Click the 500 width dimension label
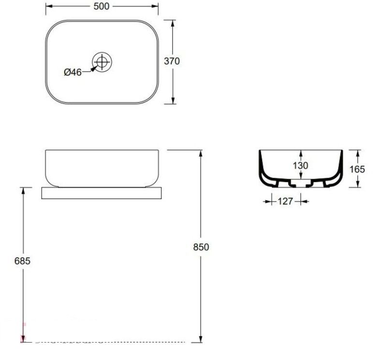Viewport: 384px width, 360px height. pyautogui.click(x=102, y=6)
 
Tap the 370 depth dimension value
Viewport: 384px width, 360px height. pyautogui.click(x=172, y=61)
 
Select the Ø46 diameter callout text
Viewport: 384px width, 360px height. pyautogui.click(x=73, y=72)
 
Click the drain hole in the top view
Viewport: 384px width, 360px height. pyautogui.click(x=102, y=62)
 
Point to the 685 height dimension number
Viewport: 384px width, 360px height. pyautogui.click(x=22, y=261)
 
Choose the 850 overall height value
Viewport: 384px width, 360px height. pyautogui.click(x=201, y=247)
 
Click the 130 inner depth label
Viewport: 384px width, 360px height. pyautogui.click(x=300, y=166)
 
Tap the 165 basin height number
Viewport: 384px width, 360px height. pyautogui.click(x=357, y=169)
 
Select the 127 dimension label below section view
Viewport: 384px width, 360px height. pyautogui.click(x=285, y=202)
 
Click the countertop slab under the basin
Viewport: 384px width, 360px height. pyautogui.click(x=102, y=193)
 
